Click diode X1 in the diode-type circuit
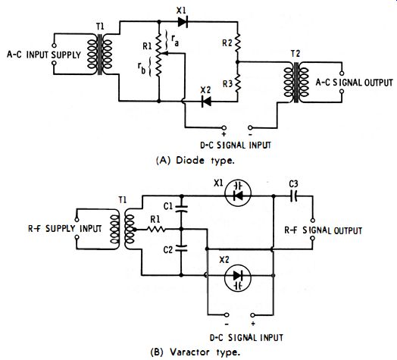pos(183,22)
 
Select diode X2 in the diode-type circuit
pos(206,102)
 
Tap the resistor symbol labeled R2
pos(237,43)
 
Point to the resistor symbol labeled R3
pos(237,83)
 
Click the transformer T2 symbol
pos(296,82)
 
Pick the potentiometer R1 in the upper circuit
pos(159,54)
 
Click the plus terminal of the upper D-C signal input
pos(224,127)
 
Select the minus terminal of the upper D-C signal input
pos(250,127)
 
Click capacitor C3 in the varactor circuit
pos(293,196)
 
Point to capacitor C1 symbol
pos(181,208)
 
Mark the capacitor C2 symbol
pos(181,248)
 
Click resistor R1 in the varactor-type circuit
pos(156,230)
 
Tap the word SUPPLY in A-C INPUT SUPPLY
pos(66,55)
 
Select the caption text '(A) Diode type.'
pos(195,161)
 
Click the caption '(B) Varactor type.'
pos(195,352)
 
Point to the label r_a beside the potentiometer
pos(175,40)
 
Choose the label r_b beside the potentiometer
pos(142,68)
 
